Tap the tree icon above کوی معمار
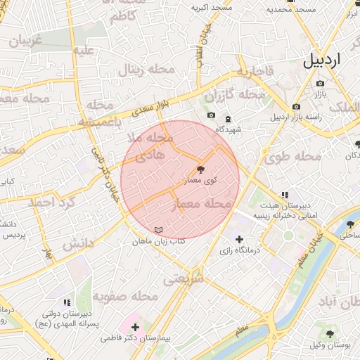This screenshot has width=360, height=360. pyautogui.click(x=201, y=169)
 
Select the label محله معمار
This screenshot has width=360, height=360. pyautogui.click(x=201, y=204)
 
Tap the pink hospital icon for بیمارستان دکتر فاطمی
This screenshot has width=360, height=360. pyautogui.click(x=135, y=327)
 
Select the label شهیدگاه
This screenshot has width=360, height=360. pyautogui.click(x=229, y=129)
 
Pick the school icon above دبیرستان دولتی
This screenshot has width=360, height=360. pyautogui.click(x=67, y=302)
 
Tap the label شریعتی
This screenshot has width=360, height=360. pyautogui.click(x=184, y=278)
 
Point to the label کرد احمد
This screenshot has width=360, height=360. pyautogui.click(x=50, y=202)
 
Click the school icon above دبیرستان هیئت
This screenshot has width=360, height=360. pyautogui.click(x=284, y=195)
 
